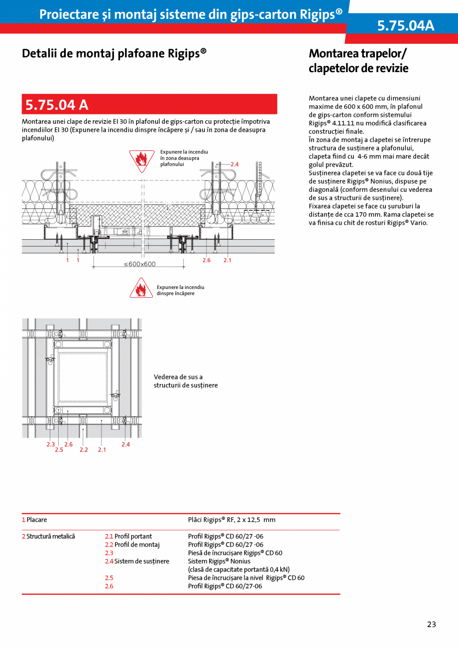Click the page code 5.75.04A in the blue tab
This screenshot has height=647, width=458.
[405, 26]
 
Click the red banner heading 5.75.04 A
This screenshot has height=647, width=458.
[57, 105]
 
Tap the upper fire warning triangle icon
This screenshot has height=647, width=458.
[141, 160]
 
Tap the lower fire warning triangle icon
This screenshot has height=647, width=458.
[141, 288]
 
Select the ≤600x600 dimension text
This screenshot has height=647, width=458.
[139, 264]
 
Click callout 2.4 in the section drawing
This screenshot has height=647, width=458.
[234, 164]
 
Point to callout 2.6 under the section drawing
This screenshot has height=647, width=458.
[206, 260]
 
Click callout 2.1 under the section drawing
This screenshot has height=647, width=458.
[228, 260]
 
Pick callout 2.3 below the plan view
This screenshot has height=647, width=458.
[50, 444]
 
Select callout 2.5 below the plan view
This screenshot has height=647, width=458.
[59, 450]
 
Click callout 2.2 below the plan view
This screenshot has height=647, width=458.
[84, 450]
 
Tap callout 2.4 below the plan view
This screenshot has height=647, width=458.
[125, 444]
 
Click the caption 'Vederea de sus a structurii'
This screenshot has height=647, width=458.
[185, 381]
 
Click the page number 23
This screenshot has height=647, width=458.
[431, 625]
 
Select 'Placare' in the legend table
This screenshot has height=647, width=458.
[36, 520]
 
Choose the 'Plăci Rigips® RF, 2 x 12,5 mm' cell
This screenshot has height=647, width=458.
[231, 520]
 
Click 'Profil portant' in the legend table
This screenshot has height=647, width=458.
[133, 537]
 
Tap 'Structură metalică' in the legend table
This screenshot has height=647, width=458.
[50, 537]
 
